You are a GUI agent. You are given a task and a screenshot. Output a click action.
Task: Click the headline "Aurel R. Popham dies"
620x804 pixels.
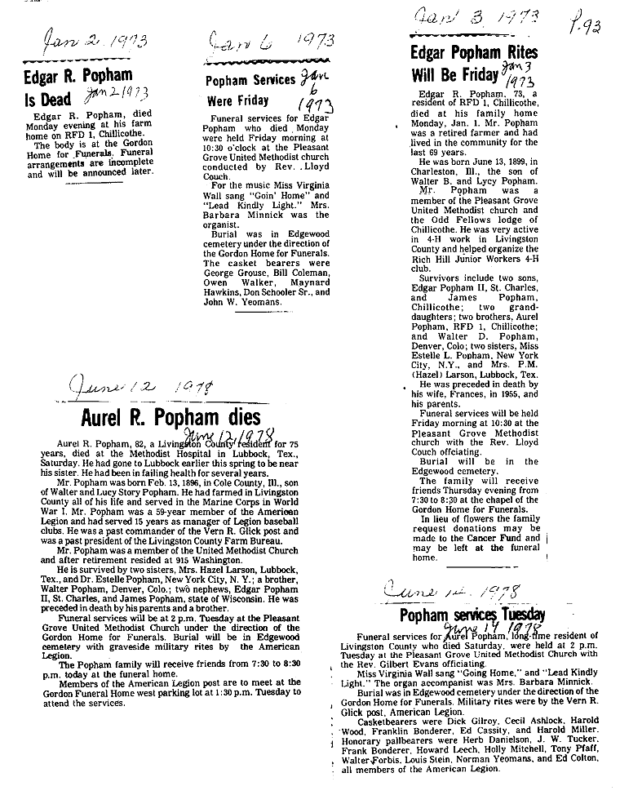coord(170,418)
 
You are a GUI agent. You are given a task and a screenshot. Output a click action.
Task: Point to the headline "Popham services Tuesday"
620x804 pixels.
coord(472,615)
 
